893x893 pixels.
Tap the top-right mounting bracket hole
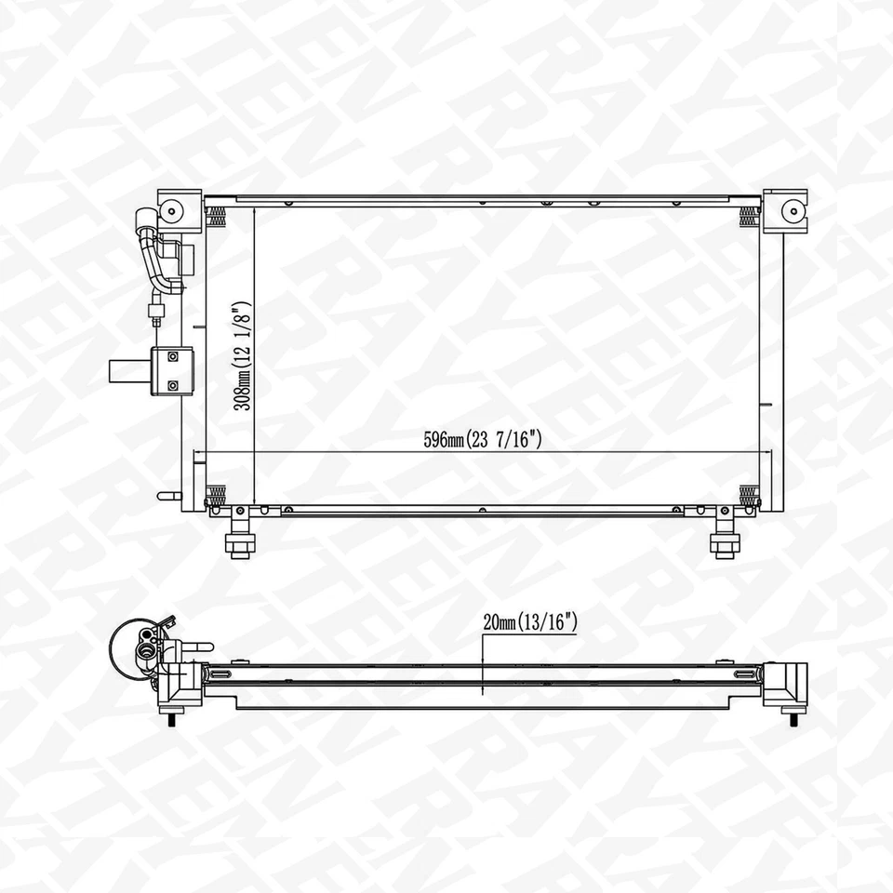(x=793, y=209)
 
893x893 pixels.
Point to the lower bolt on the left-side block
(x=173, y=384)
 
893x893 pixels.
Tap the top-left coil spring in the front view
(x=216, y=216)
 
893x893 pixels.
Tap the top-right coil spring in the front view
(x=748, y=216)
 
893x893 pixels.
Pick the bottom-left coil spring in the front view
(x=216, y=492)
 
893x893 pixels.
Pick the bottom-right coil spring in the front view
(x=748, y=492)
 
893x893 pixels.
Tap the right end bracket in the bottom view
(x=784, y=684)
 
